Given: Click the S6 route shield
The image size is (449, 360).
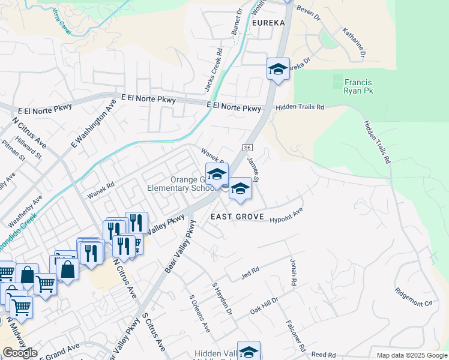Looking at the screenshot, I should coord(247,147).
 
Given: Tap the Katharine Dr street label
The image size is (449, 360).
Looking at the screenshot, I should coord(354,42).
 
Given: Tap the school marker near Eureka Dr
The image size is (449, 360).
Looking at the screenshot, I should coord(278,70).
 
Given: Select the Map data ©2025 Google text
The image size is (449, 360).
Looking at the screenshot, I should coord(412,355).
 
